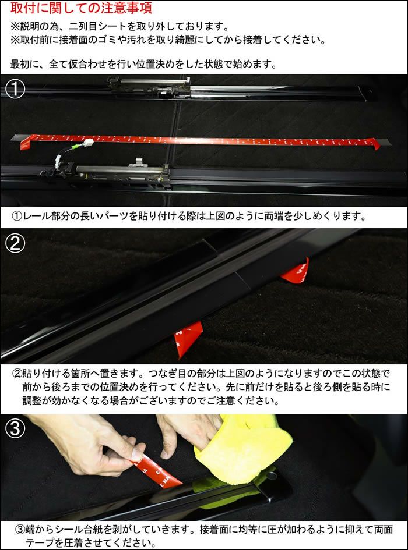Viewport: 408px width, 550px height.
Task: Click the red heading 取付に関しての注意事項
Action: [x=81, y=8]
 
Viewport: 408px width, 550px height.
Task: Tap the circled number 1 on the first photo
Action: [x=16, y=88]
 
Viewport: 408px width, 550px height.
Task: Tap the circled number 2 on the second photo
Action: [x=16, y=243]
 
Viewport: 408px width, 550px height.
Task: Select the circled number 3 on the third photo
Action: [x=16, y=428]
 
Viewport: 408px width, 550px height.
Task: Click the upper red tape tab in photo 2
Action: [x=297, y=272]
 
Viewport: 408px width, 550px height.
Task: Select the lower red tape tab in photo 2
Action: [x=188, y=338]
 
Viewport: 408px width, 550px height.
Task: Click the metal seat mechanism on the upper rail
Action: [x=149, y=87]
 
